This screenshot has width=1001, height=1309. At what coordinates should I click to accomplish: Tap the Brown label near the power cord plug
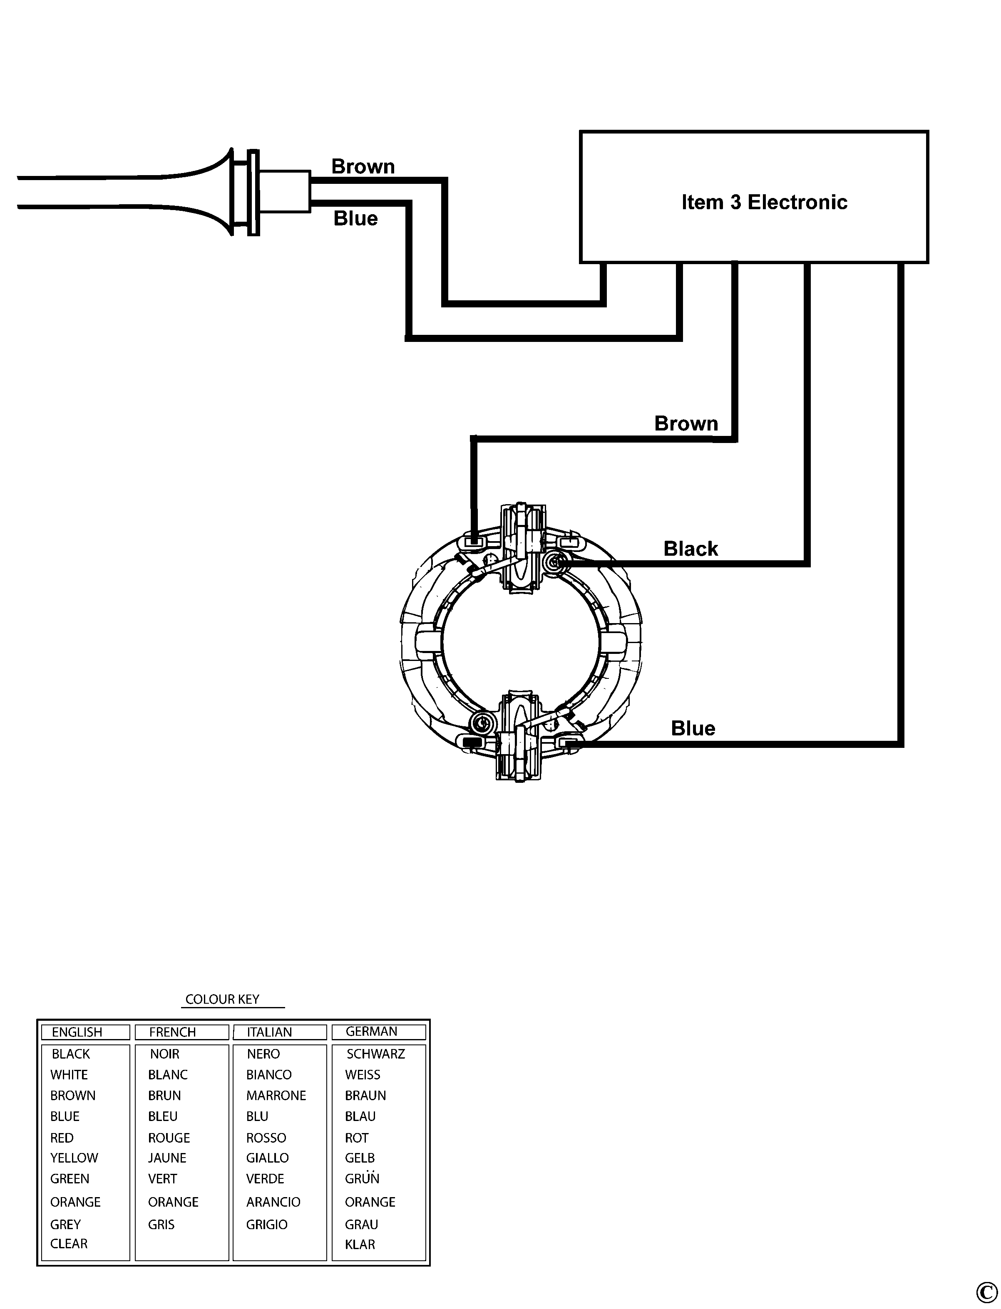363,167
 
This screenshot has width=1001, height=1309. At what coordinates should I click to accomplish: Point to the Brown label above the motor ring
686,423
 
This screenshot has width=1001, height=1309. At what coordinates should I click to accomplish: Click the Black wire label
691,549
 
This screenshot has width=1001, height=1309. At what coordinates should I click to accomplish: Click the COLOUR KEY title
222,999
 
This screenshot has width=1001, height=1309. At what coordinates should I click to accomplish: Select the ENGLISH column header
77,1032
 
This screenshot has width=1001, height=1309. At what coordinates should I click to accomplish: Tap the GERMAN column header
371,1032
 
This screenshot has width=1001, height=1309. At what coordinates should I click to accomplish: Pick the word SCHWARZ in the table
375,1054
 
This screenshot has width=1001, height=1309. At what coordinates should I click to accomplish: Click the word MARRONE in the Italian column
276,1096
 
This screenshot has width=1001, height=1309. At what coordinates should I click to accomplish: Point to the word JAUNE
167,1158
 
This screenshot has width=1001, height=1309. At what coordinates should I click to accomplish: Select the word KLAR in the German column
360,1244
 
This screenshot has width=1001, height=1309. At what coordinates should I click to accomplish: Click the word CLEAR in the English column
69,1244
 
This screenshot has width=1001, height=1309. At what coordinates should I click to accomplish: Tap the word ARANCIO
273,1202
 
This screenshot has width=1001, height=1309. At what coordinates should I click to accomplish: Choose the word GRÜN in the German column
362,1178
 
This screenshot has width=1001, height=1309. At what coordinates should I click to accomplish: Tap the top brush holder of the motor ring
522,548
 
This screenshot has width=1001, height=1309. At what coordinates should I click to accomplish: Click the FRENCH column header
172,1032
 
